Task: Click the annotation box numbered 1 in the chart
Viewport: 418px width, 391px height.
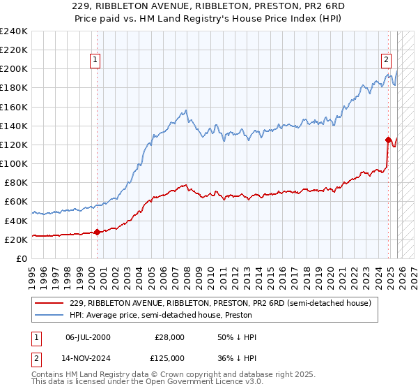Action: (x=95, y=60)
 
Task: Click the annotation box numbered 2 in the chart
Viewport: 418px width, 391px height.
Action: (x=385, y=60)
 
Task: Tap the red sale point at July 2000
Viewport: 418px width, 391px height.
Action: (x=97, y=233)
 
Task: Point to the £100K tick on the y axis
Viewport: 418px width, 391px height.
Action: (x=13, y=163)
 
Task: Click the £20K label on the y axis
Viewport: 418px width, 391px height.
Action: (x=15, y=239)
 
